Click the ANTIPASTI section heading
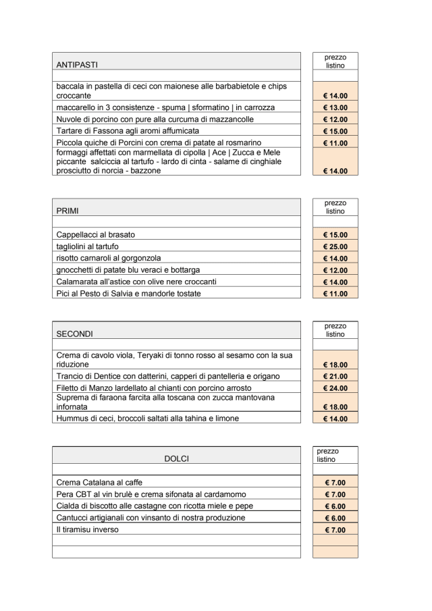pyautogui.click(x=76, y=65)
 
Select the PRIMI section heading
pyautogui.click(x=67, y=211)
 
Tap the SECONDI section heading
pyautogui.click(x=74, y=334)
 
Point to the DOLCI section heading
pyautogui.click(x=176, y=458)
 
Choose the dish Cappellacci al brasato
pyautogui.click(x=95, y=234)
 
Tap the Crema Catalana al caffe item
pyautogui.click(x=99, y=483)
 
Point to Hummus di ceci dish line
pyautogui.click(x=147, y=419)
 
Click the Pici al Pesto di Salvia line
pyautogui.click(x=128, y=294)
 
